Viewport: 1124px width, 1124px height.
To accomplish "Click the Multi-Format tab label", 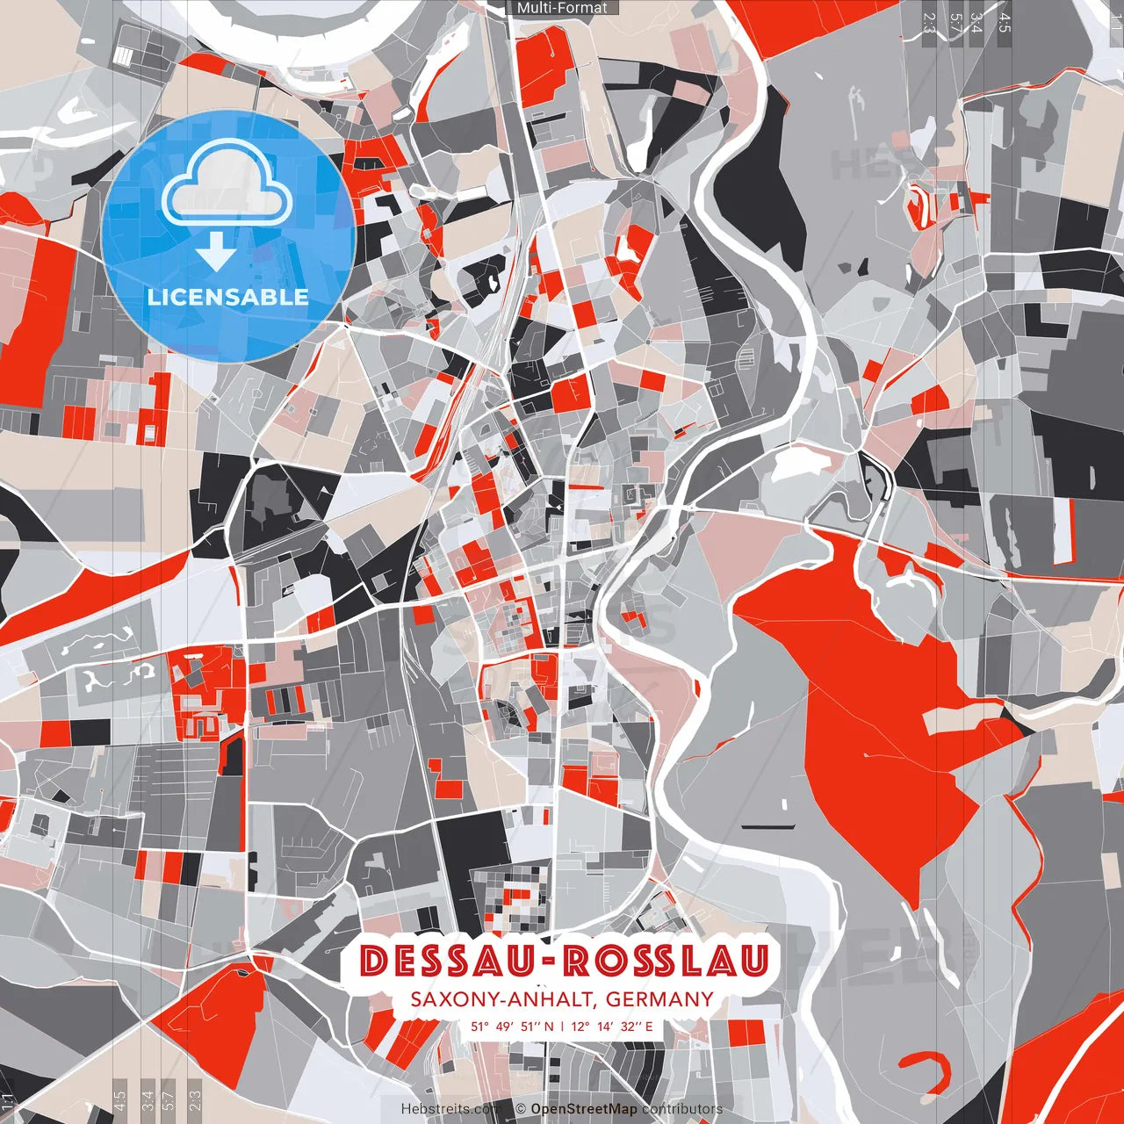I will coord(562,8).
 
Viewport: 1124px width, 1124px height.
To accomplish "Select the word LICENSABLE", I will coord(228,297).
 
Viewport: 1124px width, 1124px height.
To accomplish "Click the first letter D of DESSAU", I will coord(373,962).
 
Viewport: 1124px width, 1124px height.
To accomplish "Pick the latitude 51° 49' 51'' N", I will coord(512,1026).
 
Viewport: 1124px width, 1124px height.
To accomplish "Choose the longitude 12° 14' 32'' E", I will coord(612,1026).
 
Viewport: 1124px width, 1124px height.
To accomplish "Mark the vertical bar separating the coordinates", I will coord(562,1026).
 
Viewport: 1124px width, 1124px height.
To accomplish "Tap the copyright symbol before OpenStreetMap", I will coord(521,1109).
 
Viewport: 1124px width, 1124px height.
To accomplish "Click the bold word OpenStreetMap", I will coord(584,1109).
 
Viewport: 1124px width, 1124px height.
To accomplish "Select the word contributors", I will coord(681,1109).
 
